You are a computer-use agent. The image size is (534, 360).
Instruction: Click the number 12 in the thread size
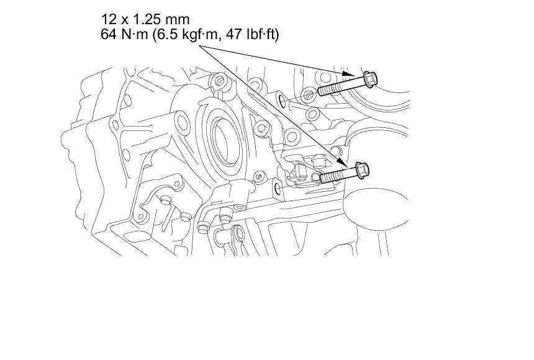coord(109,19)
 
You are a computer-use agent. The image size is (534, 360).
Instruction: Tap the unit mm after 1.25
coord(178,20)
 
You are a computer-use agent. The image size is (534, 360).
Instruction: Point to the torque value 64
coord(108,34)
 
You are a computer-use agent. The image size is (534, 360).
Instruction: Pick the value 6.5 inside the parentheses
coord(164,34)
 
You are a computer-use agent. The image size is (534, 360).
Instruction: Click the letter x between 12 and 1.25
coord(124,20)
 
